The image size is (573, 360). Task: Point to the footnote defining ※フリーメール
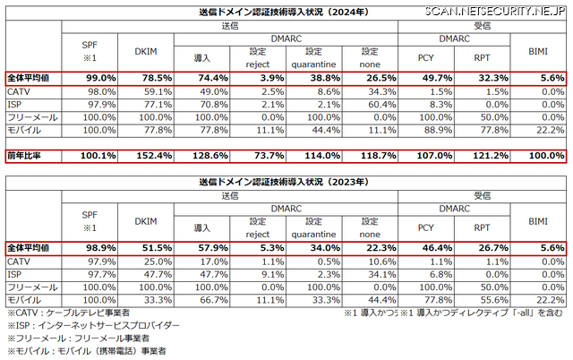(75, 339)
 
